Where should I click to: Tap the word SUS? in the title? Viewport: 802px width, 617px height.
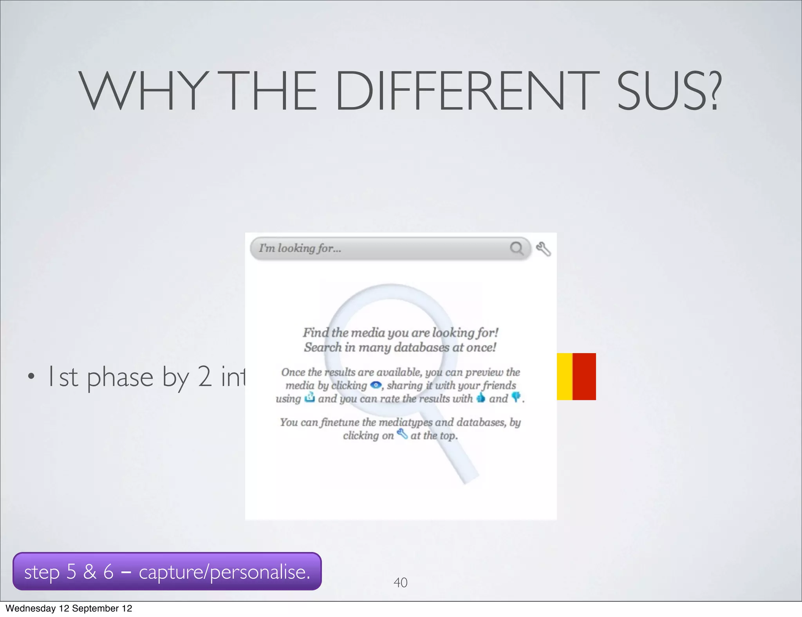[668, 90]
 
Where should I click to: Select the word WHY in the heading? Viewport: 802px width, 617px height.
[143, 90]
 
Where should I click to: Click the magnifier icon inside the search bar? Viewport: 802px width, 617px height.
[517, 248]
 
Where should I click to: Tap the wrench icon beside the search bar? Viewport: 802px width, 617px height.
[544, 249]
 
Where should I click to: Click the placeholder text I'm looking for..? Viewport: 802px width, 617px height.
[300, 248]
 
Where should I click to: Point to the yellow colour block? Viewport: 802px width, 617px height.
[565, 376]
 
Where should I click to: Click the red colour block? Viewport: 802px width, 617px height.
[584, 376]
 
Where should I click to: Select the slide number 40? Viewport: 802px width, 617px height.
[400, 583]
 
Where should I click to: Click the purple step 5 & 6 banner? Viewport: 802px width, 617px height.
[167, 571]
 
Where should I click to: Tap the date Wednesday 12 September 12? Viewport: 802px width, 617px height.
[69, 608]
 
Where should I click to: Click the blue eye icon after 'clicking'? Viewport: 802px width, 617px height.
[376, 385]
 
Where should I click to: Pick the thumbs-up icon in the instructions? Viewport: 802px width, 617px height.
[480, 398]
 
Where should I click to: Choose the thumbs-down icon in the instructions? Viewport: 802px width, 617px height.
[516, 397]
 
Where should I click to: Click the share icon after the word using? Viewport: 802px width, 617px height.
[310, 398]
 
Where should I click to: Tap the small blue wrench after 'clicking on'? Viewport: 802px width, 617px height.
[402, 434]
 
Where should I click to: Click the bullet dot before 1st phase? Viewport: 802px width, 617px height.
[31, 377]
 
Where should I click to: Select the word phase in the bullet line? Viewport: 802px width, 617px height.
[120, 377]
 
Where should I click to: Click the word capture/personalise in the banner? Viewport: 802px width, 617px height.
[225, 572]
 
